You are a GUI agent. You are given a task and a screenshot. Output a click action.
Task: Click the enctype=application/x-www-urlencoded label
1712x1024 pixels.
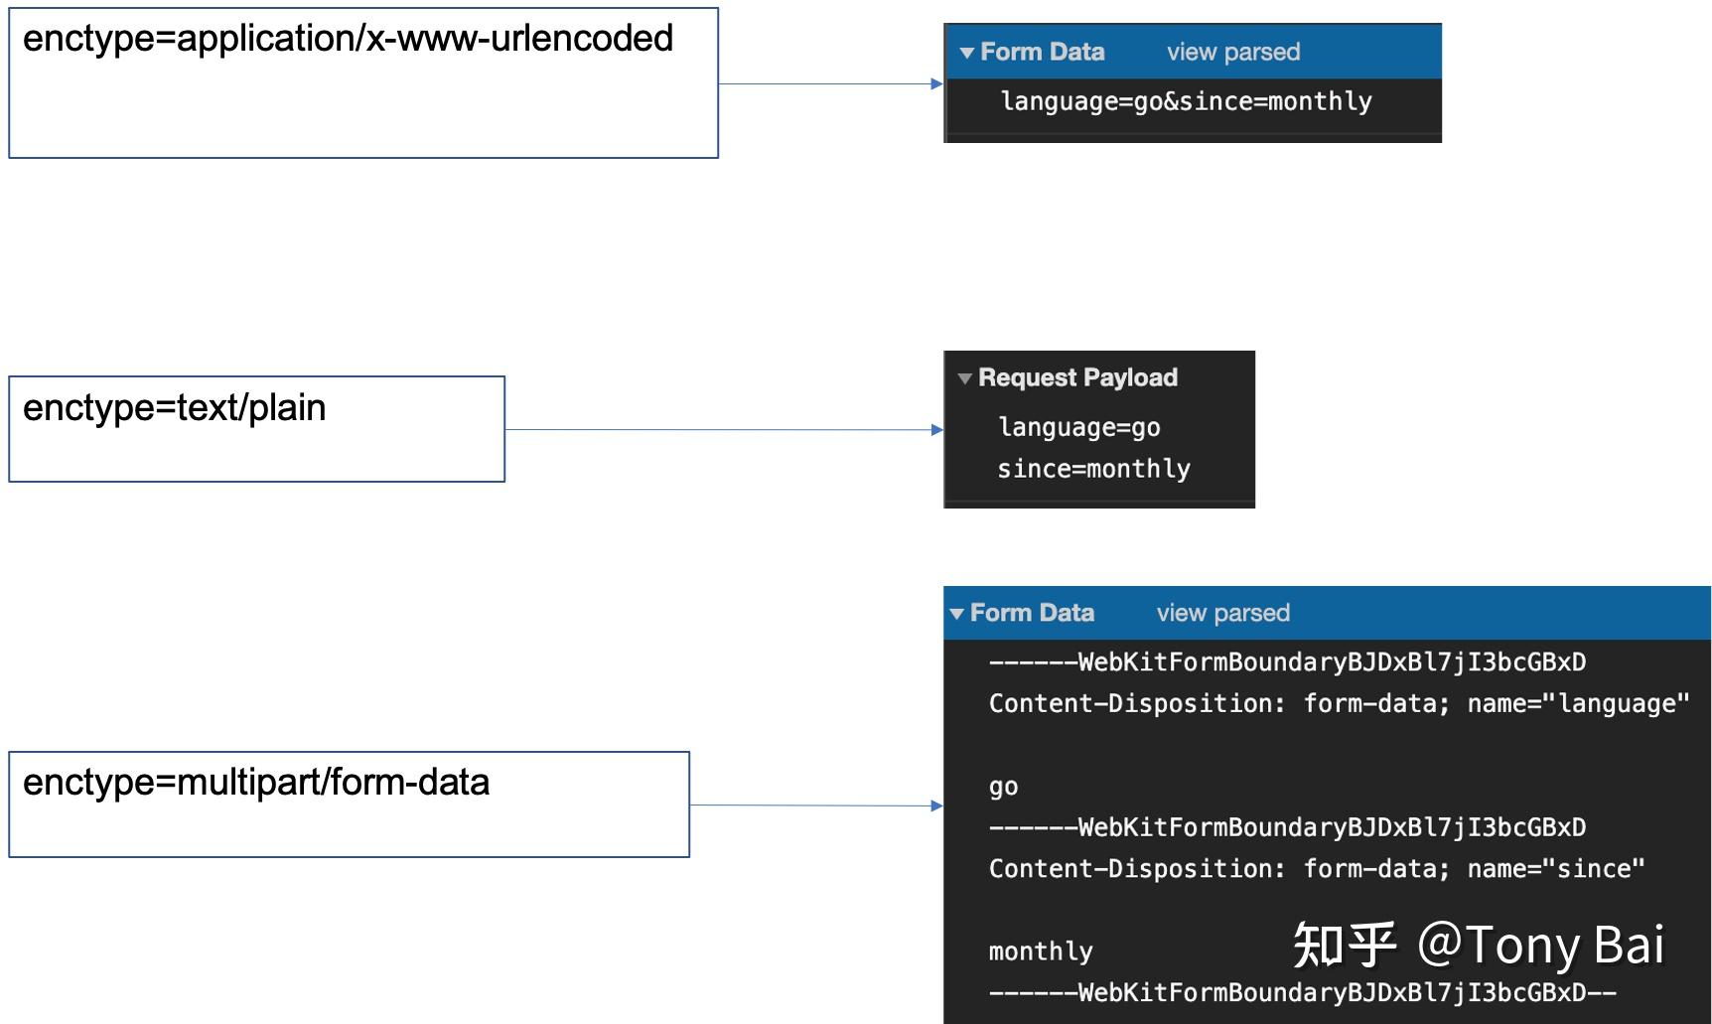pyautogui.click(x=348, y=39)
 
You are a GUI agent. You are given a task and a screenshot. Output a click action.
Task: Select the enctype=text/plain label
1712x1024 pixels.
pyautogui.click(x=174, y=408)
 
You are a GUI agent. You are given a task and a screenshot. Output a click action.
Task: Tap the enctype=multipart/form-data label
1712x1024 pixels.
pyautogui.click(x=256, y=783)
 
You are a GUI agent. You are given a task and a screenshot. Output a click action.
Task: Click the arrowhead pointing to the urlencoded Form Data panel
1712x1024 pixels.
pyautogui.click(x=936, y=84)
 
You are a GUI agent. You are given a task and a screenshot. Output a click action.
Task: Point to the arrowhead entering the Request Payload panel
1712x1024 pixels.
pyautogui.click(x=936, y=430)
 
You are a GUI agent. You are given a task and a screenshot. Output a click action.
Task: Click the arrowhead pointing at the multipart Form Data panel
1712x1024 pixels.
pyautogui.click(x=936, y=805)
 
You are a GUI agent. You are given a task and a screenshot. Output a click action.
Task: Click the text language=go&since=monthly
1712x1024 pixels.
pyautogui.click(x=1187, y=101)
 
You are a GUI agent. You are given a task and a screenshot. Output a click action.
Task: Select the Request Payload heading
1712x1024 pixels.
pyautogui.click(x=1077, y=377)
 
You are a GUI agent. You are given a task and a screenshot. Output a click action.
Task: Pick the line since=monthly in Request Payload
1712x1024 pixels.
pyautogui.click(x=1093, y=469)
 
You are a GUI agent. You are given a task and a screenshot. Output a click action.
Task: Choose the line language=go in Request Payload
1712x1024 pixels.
pyautogui.click(x=1079, y=427)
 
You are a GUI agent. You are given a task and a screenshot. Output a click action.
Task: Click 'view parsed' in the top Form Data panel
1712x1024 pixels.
pyautogui.click(x=1233, y=52)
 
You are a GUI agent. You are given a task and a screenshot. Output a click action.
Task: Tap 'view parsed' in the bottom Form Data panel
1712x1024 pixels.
pyautogui.click(x=1223, y=613)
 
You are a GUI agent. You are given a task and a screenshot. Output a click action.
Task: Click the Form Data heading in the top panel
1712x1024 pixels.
pyautogui.click(x=1042, y=52)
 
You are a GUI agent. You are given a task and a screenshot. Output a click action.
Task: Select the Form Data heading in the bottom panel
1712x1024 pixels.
pyautogui.click(x=1032, y=613)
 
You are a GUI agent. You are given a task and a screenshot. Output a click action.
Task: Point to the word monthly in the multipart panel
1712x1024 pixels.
pyautogui.click(x=1041, y=951)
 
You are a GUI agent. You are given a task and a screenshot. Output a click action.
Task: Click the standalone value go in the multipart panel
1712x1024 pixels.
pyautogui.click(x=1003, y=788)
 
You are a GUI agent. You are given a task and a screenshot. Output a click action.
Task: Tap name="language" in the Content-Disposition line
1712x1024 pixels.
pyautogui.click(x=1578, y=703)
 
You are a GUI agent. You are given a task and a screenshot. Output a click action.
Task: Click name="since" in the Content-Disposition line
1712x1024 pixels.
pyautogui.click(x=1556, y=869)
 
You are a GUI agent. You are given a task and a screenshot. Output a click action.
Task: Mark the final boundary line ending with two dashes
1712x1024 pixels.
pyautogui.click(x=1302, y=992)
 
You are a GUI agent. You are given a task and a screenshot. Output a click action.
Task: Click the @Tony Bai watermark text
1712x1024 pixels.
pyautogui.click(x=1540, y=945)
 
